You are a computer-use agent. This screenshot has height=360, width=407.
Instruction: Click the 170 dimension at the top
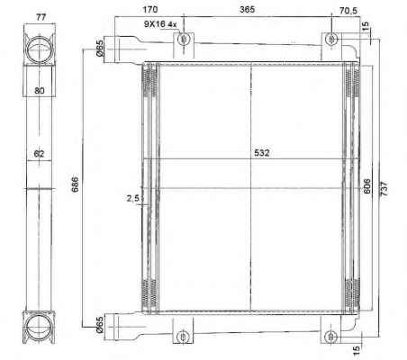pyautogui.click(x=149, y=9)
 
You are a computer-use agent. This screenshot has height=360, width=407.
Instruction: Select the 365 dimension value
pyautogui.click(x=247, y=9)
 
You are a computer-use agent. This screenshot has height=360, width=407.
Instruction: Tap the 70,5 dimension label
pyautogui.click(x=348, y=11)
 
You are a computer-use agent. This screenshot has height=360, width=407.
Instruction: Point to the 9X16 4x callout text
pyautogui.click(x=160, y=24)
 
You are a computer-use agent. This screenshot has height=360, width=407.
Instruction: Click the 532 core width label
pyautogui.click(x=262, y=153)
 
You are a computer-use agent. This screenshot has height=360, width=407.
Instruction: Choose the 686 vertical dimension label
pyautogui.click(x=75, y=184)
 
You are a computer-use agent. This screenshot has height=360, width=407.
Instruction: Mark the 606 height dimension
pyautogui.click(x=366, y=186)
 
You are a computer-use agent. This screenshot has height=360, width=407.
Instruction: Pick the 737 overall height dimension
pyautogui.click(x=384, y=189)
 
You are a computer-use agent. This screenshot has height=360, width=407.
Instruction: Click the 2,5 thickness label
pyautogui.click(x=132, y=198)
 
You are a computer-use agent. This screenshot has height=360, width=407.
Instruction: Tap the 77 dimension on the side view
pyautogui.click(x=41, y=17)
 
